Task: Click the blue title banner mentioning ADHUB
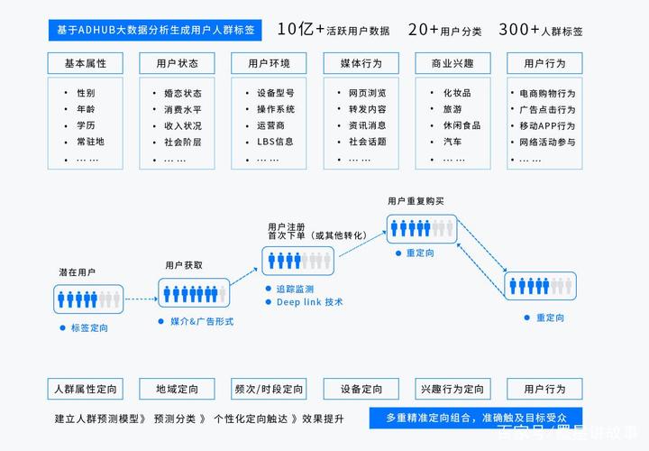click(154, 30)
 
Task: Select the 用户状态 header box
click(177, 64)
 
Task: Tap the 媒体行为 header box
click(361, 64)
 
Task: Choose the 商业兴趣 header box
click(452, 64)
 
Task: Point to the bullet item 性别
click(86, 93)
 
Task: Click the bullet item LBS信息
click(275, 142)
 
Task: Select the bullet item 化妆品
click(457, 93)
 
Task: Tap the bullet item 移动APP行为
click(547, 125)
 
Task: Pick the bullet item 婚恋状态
click(182, 93)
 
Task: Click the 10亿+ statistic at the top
click(301, 29)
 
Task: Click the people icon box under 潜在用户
click(87, 298)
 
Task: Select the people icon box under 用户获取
click(194, 292)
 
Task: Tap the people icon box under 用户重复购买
click(422, 228)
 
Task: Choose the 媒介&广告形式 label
click(202, 321)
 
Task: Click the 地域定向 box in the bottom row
click(177, 390)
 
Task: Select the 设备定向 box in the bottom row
click(361, 390)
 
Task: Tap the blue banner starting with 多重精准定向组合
click(469, 419)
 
